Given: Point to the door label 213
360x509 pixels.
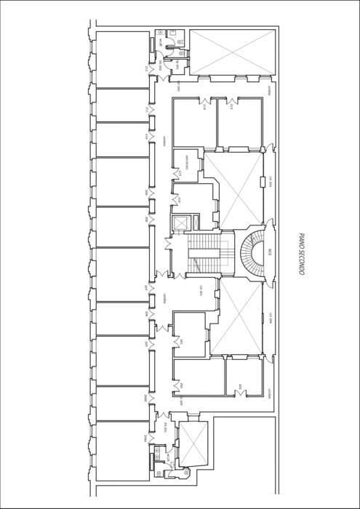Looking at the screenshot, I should click(x=232, y=108).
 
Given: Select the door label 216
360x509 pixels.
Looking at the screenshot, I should click(x=179, y=197).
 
